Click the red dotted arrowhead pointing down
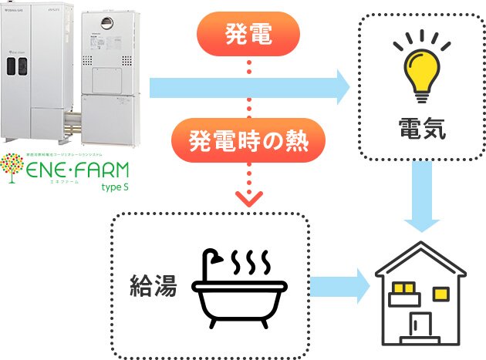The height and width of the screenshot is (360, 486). [x=248, y=197]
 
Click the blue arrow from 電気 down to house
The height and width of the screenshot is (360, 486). [x=420, y=204]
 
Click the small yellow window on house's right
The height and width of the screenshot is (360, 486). [x=440, y=293]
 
